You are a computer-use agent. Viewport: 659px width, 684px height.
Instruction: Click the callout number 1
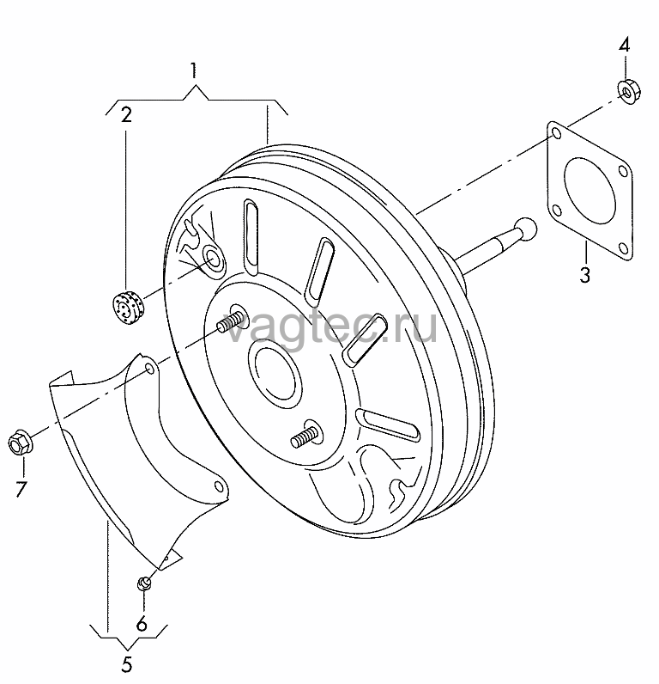[x=193, y=70]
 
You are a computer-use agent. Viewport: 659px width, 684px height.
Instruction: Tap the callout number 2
[x=126, y=114]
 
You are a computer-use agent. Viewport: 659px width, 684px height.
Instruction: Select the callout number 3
[x=584, y=275]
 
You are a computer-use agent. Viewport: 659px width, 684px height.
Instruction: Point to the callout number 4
[x=624, y=45]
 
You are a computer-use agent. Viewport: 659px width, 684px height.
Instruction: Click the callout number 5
[x=126, y=664]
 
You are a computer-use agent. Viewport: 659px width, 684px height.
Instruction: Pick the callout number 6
[x=142, y=624]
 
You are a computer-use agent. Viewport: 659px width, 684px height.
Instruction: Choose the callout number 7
[x=21, y=489]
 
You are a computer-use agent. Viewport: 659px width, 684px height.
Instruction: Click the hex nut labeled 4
[x=628, y=91]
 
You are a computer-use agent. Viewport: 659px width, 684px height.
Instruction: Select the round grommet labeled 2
[x=127, y=306]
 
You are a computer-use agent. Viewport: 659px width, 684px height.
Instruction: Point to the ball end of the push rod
[x=526, y=229]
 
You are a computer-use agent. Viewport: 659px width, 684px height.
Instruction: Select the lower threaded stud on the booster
[x=303, y=436]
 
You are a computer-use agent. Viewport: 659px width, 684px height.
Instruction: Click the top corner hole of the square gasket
[x=556, y=132]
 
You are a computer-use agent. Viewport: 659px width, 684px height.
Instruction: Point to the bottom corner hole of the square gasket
[x=624, y=248]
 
